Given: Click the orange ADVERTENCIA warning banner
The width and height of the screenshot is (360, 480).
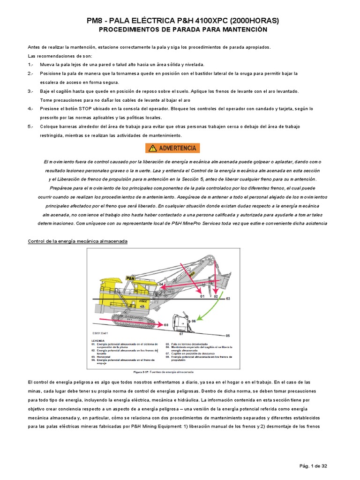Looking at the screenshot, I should tap(172, 148).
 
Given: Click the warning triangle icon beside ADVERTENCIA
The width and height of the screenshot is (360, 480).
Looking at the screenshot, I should tap(152, 148).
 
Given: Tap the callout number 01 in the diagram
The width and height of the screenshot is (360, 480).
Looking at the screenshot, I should tap(202, 297).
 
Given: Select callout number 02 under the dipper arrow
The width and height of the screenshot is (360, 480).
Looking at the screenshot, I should tap(216, 297).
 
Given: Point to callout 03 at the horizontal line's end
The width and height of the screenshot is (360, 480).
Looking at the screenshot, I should tap(228, 298).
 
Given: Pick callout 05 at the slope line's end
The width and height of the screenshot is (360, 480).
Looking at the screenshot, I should tap(228, 336).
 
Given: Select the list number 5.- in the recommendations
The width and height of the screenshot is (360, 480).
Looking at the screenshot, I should tap(30, 127).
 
